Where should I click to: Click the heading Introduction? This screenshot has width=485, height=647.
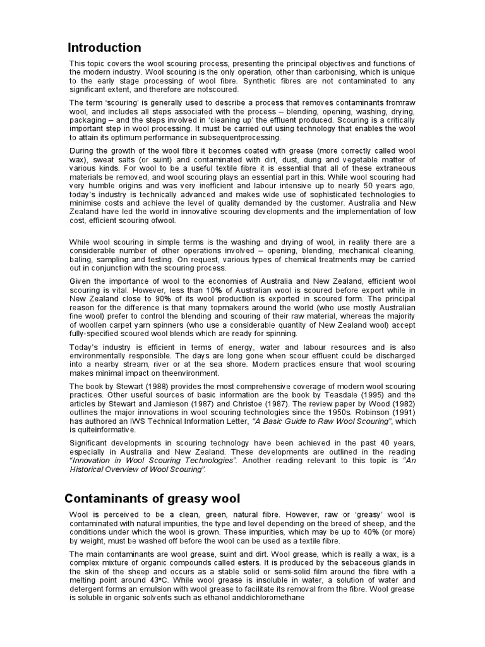[105, 48]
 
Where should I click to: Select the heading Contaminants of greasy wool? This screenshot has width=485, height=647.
[152, 499]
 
